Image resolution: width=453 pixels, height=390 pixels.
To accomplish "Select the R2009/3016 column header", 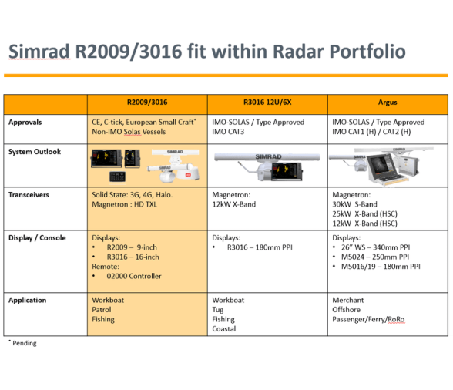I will pyautogui.click(x=146, y=103).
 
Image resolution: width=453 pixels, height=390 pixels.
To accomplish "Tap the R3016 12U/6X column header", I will pyautogui.click(x=267, y=103).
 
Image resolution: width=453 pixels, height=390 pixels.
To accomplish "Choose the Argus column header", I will pyautogui.click(x=388, y=103).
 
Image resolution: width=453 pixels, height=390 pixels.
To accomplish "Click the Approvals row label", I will pyautogui.click(x=25, y=122).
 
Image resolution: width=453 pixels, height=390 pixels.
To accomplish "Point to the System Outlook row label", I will pyautogui.click(x=35, y=152).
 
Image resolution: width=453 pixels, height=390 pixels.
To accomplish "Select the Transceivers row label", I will pyautogui.click(x=29, y=195).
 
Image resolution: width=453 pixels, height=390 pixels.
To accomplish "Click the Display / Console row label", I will pyautogui.click(x=37, y=238).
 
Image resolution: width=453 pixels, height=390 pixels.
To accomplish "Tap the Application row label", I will pyautogui.click(x=28, y=300).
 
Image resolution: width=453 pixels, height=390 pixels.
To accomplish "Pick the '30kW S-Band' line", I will pyautogui.click(x=355, y=204).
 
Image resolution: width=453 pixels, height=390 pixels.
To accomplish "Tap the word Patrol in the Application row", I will pyautogui.click(x=102, y=310).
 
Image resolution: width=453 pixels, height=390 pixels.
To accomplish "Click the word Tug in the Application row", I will pyautogui.click(x=219, y=310).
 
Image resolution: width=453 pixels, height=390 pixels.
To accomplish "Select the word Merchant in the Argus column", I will pyautogui.click(x=348, y=300).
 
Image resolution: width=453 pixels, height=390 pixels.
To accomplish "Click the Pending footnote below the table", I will pyautogui.click(x=24, y=343).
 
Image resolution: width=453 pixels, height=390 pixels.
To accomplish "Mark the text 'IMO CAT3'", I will pyautogui.click(x=230, y=132).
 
